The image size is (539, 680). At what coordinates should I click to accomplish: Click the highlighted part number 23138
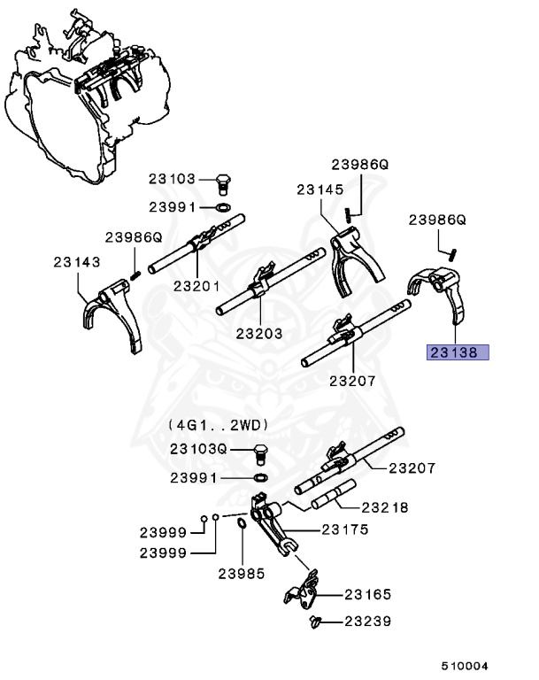[454, 352]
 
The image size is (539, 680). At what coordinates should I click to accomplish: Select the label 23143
[75, 262]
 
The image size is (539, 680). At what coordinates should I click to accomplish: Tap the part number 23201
[196, 285]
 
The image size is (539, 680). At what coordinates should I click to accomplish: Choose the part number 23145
[320, 189]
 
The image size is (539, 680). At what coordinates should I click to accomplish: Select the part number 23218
[383, 507]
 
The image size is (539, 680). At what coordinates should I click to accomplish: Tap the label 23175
[344, 529]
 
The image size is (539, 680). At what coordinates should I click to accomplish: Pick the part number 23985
[242, 573]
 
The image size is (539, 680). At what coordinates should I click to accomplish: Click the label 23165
[367, 595]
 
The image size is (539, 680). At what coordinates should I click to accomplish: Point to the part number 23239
[367, 622]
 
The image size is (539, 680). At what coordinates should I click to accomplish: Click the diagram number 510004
[465, 665]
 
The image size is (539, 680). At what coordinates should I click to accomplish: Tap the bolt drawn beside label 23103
[223, 183]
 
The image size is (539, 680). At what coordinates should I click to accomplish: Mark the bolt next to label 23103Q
[260, 453]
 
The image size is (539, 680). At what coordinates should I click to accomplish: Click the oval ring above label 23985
[241, 531]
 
